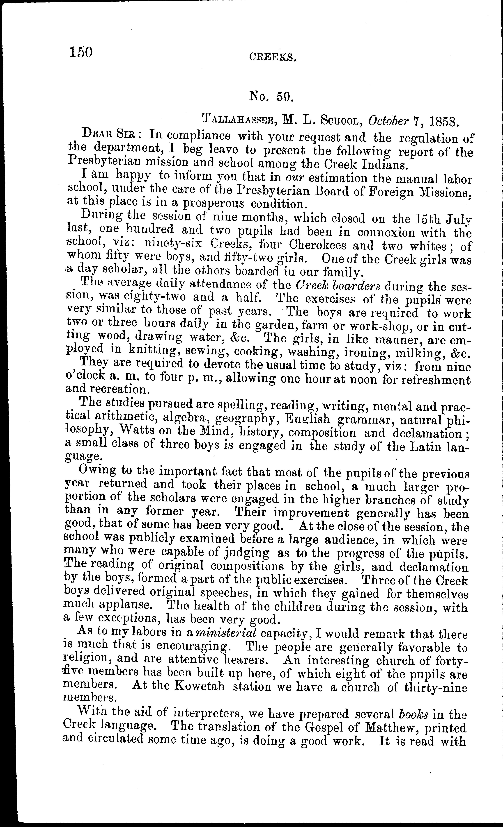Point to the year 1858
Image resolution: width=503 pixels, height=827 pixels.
[x=441, y=120]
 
